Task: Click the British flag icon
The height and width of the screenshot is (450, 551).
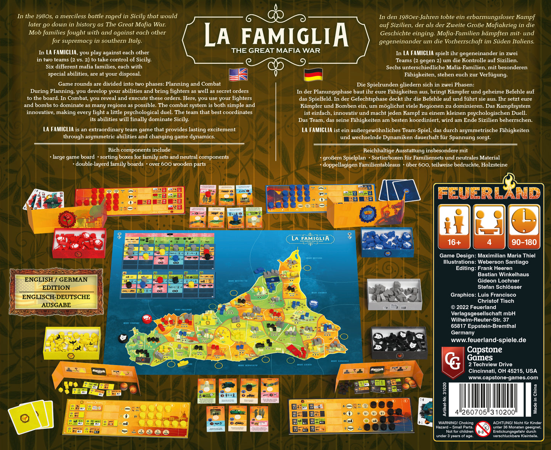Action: tap(238, 74)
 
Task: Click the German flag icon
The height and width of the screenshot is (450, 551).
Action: tap(313, 74)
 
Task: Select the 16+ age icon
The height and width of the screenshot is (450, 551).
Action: tap(454, 227)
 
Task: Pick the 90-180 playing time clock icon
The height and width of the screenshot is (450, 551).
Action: tap(524, 227)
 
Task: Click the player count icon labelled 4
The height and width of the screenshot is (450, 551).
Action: tap(489, 227)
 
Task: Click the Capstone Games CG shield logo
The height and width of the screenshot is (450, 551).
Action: tap(453, 362)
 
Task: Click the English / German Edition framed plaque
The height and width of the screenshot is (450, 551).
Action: tap(56, 292)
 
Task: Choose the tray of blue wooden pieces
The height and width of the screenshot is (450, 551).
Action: tap(387, 242)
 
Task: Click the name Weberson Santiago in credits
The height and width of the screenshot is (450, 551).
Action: tap(503, 262)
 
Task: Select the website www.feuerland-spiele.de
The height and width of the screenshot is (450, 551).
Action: tap(488, 340)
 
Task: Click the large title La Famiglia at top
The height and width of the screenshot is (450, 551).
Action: tap(276, 35)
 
